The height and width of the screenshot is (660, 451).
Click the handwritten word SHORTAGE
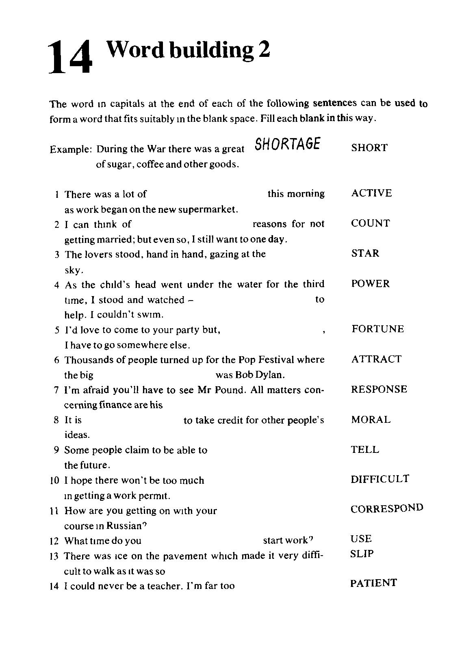coord(288,144)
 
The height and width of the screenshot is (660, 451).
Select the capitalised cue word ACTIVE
coord(371,193)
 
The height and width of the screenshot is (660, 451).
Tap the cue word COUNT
coord(370,223)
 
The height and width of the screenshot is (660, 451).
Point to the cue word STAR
coord(365,253)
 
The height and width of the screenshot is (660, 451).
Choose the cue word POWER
coord(370,283)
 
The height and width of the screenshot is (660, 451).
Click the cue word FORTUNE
coord(377,329)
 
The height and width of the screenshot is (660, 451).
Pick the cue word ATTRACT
coord(376,359)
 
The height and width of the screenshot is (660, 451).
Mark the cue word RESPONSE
coord(379,389)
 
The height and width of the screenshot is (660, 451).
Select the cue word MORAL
coord(371,420)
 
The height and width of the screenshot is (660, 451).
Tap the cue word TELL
coord(365,450)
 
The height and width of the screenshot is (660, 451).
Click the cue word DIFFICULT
coord(380,479)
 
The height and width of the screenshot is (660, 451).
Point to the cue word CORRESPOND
coord(387,509)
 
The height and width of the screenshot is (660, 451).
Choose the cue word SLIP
coord(362,554)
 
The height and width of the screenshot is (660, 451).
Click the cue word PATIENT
coord(373,583)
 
